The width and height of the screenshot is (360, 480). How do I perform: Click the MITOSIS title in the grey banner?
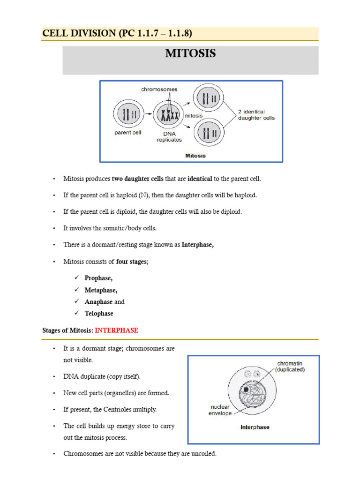click(190, 54)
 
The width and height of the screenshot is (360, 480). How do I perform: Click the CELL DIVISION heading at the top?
click(117, 33)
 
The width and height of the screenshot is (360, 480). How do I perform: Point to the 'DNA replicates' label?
click(169, 136)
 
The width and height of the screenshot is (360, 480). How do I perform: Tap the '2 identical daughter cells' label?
click(256, 115)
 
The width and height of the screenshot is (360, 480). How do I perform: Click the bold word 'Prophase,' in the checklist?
click(98, 278)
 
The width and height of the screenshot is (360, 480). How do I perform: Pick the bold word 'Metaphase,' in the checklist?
click(101, 290)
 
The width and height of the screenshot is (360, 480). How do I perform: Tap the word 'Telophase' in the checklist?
click(99, 313)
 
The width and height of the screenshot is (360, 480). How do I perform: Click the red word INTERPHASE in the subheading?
click(116, 330)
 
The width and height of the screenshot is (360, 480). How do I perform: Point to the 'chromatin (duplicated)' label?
click(291, 366)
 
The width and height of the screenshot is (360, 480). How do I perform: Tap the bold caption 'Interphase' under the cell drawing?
click(255, 427)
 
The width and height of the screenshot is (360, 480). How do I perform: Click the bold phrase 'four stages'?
click(131, 262)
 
